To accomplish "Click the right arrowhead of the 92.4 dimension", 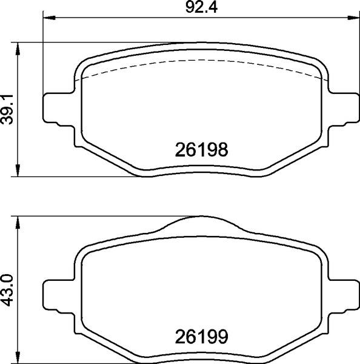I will tap(354, 18).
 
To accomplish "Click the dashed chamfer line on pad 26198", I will tap(200, 61).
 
